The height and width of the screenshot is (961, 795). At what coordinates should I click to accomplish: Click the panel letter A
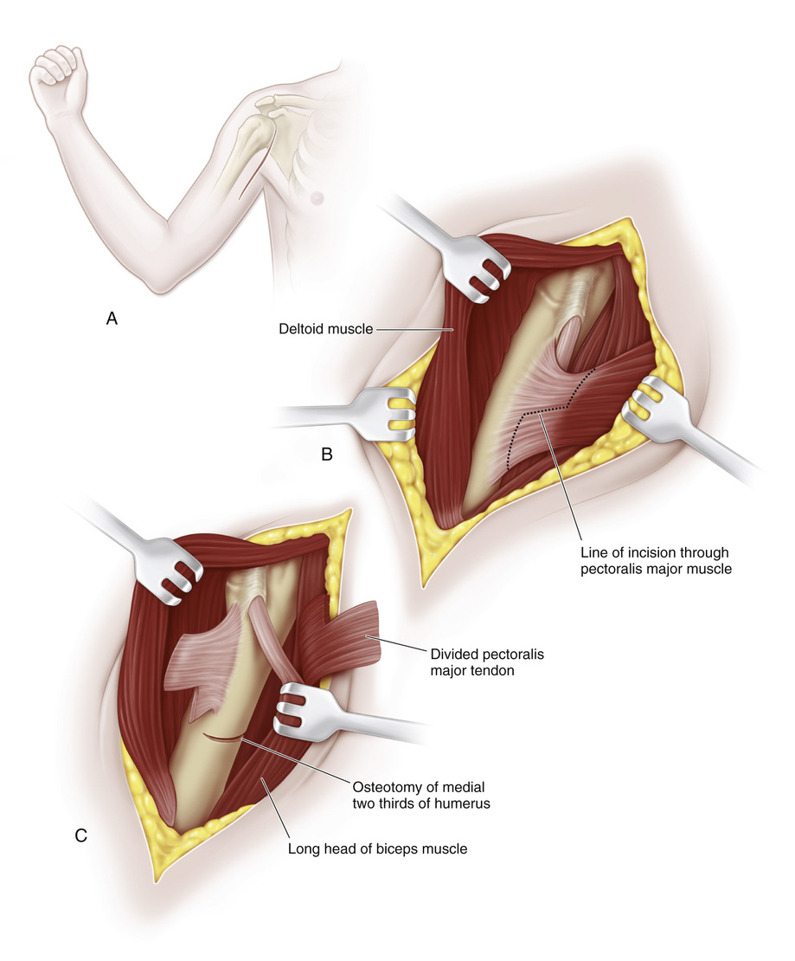[112, 319]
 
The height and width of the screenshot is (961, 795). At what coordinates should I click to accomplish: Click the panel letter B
[327, 453]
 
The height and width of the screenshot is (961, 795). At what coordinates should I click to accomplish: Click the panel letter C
[80, 835]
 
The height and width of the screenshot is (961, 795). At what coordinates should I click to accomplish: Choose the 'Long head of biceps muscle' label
[377, 849]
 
